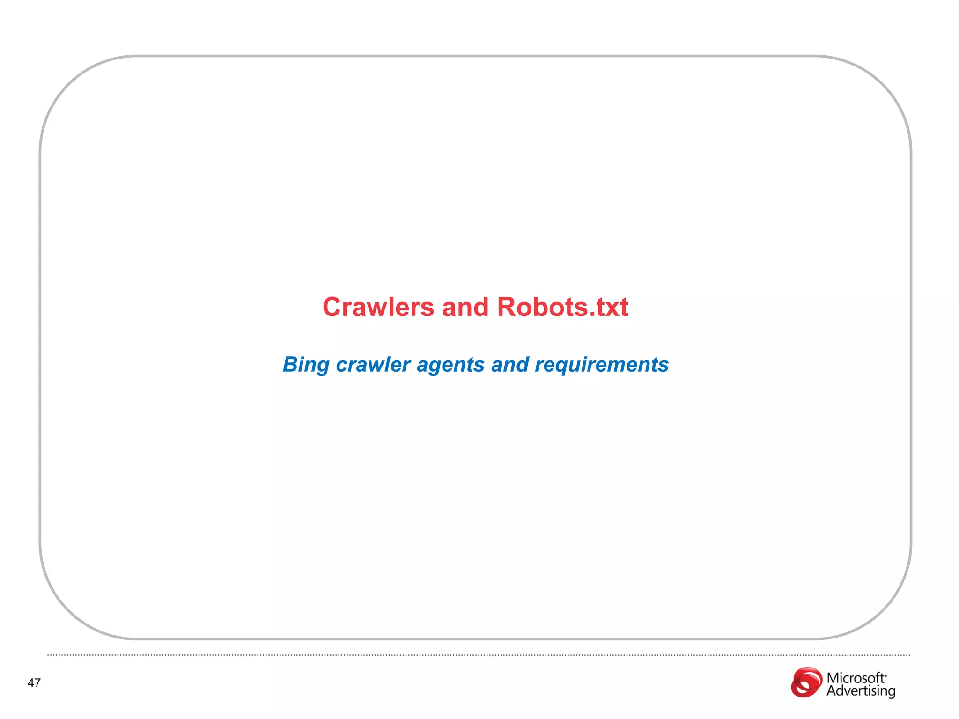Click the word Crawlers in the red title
tap(378, 308)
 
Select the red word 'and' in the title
tap(465, 308)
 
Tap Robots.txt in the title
tap(562, 308)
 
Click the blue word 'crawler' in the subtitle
tap(373, 365)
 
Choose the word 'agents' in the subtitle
tap(450, 365)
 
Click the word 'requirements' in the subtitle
tap(602, 365)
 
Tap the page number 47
tap(34, 683)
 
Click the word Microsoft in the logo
tap(856, 678)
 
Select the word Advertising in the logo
tap(861, 691)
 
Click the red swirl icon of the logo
tap(806, 682)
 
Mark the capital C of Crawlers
tap(332, 308)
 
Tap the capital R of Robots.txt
tap(507, 308)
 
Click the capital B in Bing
tap(291, 365)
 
